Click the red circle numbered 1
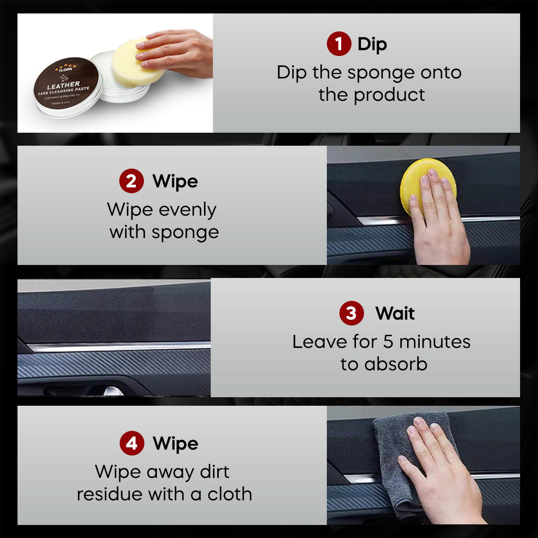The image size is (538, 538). [338, 44]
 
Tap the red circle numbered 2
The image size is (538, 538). [131, 181]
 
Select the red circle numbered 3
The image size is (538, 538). [351, 313]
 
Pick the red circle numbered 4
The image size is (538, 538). [132, 443]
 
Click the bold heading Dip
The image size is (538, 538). [372, 44]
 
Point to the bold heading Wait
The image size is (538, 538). [395, 313]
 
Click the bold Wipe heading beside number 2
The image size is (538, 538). [175, 182]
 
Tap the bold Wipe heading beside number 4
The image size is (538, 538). [175, 444]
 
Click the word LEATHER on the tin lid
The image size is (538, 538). [64, 85]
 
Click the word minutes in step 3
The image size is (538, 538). [434, 342]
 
